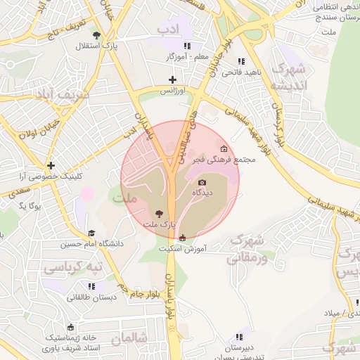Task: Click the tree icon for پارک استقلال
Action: pos(96,35)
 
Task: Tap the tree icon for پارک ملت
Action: pos(158,213)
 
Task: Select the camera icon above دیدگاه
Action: pos(202,183)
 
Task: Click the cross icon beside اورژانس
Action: pos(172,80)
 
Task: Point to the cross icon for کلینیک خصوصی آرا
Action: pos(51,165)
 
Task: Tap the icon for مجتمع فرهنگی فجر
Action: pos(224,148)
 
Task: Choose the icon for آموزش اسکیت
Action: pos(183,238)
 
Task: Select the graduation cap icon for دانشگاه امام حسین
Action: pos(91,233)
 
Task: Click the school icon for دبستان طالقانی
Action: pos(91,286)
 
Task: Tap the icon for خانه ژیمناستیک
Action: pos(70,327)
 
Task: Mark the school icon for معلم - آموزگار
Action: pos(187,46)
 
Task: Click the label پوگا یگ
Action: pos(31,206)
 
